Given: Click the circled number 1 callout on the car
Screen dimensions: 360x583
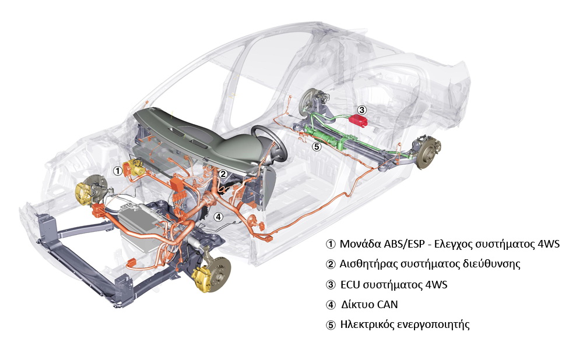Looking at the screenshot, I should click(x=118, y=171).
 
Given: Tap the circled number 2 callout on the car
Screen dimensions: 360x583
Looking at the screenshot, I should click(x=223, y=174).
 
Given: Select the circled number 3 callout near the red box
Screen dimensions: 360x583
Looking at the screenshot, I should click(x=361, y=109).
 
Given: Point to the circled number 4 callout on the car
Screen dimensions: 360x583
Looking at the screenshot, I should click(x=219, y=217).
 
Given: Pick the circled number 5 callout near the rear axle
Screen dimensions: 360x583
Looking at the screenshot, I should click(x=317, y=147).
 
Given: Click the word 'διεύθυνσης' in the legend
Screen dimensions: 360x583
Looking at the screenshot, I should click(x=493, y=264).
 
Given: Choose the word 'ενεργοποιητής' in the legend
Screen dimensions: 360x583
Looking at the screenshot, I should click(x=432, y=324).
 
